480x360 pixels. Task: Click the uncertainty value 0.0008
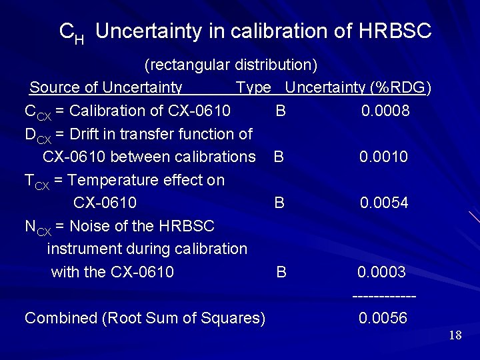[385, 111]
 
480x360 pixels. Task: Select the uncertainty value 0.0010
[383, 157]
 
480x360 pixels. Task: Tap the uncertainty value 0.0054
[384, 203]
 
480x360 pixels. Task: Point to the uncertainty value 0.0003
[381, 272]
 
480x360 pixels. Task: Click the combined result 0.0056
[383, 319]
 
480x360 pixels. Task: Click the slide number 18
[455, 335]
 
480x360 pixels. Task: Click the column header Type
[253, 87]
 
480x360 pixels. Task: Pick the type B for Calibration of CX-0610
[281, 111]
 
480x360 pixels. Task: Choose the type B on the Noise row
[281, 272]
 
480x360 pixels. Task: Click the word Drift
[87, 134]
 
